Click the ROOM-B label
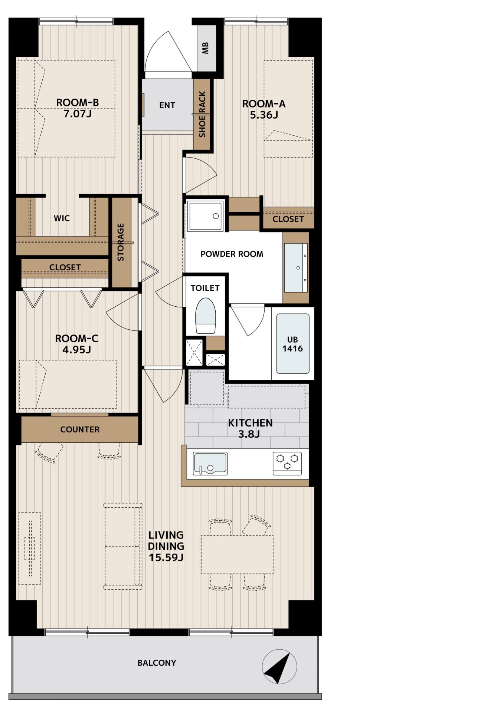point(77,102)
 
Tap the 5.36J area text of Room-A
point(264,115)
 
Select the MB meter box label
point(206,48)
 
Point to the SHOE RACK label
point(202,114)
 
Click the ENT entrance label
point(167,105)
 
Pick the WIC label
point(62,218)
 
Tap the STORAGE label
point(121,242)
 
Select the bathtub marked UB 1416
point(292,344)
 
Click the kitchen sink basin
point(210,464)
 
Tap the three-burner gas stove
point(287,464)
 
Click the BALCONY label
point(157,663)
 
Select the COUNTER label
point(80,429)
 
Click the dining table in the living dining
point(237,554)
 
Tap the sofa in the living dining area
point(123,546)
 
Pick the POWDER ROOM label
point(232,254)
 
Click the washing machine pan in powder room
point(205,215)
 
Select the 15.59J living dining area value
point(166,557)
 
